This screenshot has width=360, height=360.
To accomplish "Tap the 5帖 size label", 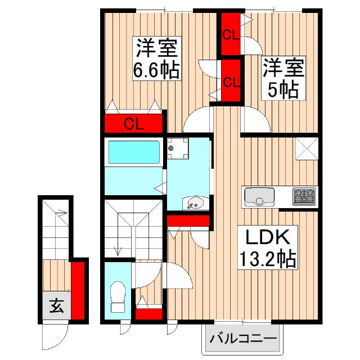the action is pos(283,90).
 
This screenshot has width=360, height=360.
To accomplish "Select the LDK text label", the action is pos(268,237).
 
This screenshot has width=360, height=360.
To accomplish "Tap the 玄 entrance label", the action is pos(56,306).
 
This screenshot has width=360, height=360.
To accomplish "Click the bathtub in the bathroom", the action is pos(134,152).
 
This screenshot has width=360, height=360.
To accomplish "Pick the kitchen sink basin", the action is pos(259,197).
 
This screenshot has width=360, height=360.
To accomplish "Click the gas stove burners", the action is pos(304,196).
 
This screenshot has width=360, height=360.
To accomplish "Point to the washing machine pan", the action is pos(178,148).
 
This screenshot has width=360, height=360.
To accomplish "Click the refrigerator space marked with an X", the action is pos(307,148).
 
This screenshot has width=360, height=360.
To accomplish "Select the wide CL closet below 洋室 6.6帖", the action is pos(134,124).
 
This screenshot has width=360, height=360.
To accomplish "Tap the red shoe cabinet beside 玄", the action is pos(78,291).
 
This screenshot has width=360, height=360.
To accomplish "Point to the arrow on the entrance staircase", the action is pos(61,214).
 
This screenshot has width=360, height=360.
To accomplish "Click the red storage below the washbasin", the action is pos(188,220).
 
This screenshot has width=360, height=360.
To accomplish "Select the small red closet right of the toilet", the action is pos(148,314).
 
